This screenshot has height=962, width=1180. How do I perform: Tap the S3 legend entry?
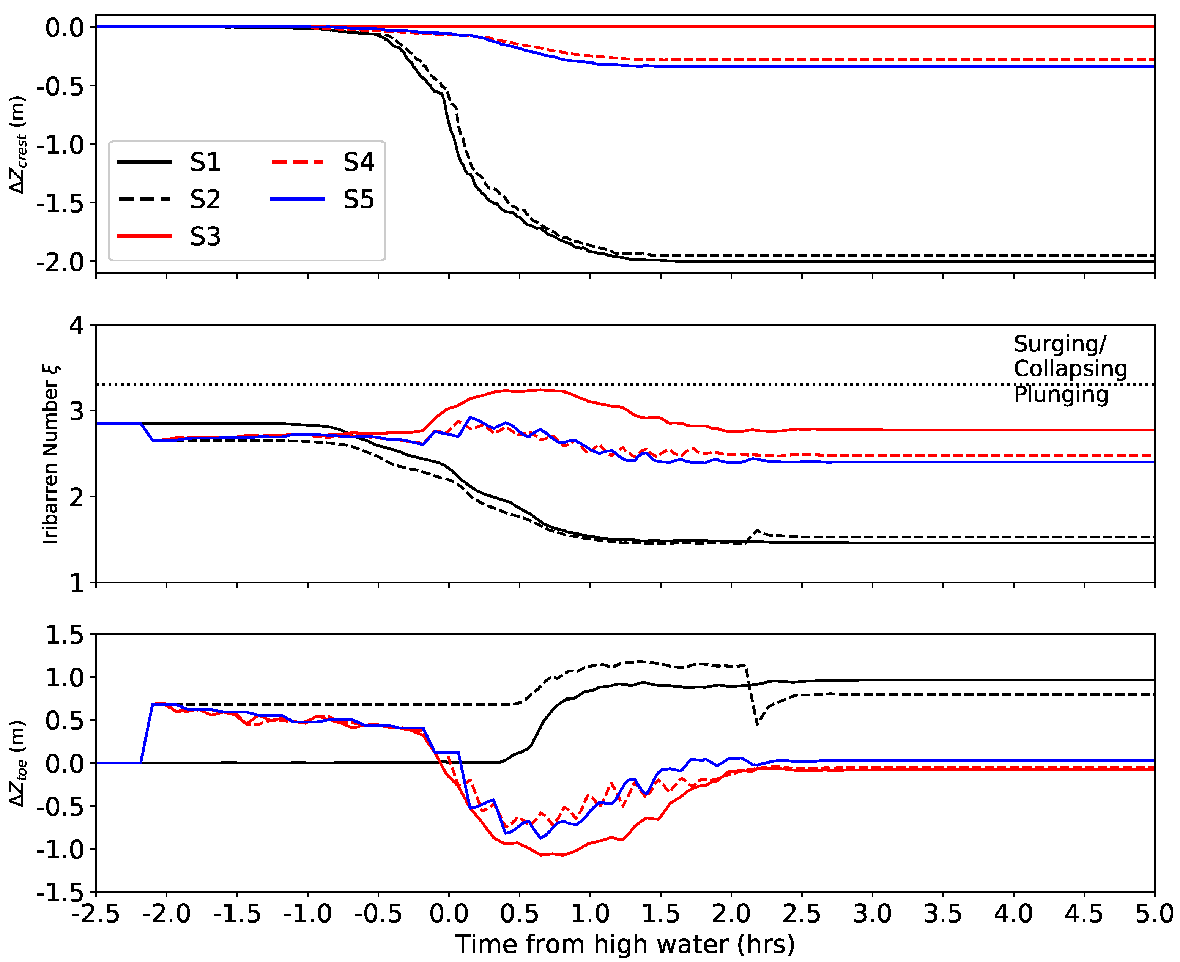coord(205,237)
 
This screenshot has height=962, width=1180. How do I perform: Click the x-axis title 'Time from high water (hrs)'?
coord(625,944)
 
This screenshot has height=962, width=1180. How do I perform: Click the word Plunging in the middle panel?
coord(1061,395)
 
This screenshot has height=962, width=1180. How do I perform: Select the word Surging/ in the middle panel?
coord(1060,344)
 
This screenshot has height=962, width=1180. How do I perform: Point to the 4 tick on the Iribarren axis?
coord(77,325)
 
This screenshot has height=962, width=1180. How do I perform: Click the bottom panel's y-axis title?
coord(18,764)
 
